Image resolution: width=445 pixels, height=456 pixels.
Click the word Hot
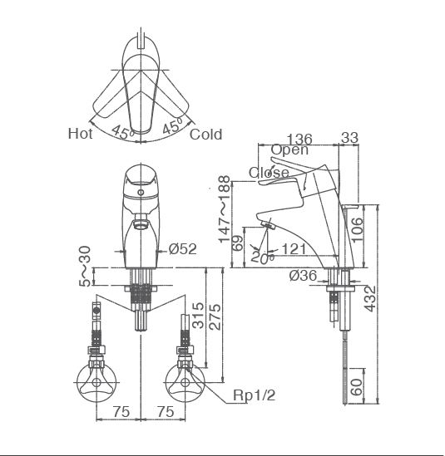coord(80,133)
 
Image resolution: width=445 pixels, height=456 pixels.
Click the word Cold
coord(205,134)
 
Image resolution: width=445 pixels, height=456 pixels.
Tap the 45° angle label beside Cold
coord(173,128)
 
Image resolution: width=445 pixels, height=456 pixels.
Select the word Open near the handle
coord(289,150)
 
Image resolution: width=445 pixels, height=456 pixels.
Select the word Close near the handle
coord(269,173)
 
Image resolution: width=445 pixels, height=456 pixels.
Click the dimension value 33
coord(350,138)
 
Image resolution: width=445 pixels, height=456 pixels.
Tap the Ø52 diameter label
coord(182,248)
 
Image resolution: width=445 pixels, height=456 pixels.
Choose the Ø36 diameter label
coord(304,276)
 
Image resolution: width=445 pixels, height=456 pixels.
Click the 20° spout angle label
coord(262,257)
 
